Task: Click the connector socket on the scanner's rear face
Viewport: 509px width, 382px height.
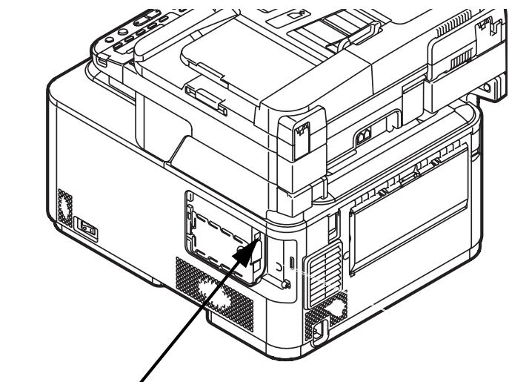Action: click(365, 136)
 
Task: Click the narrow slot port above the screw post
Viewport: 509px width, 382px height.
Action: click(291, 262)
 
